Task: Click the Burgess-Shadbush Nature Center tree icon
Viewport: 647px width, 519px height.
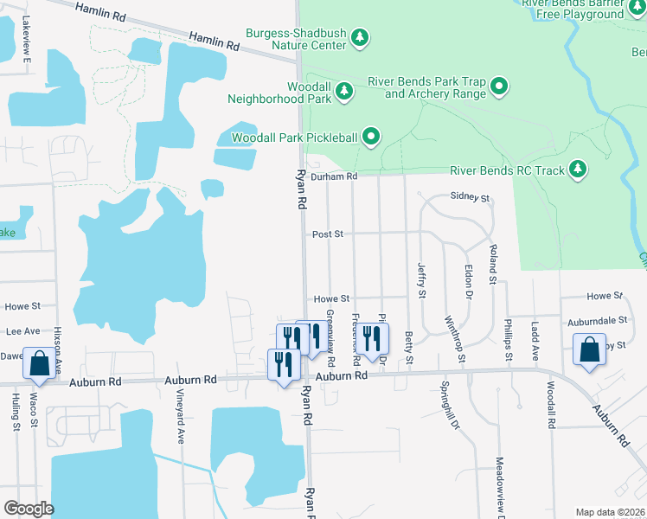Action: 360,36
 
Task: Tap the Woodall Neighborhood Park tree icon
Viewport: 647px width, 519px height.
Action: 345,90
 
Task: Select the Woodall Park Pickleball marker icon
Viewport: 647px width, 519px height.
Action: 371,136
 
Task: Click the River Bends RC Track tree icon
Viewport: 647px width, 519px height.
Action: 578,170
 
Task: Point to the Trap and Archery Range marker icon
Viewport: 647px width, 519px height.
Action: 499,86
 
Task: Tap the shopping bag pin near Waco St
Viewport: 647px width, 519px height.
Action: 39,363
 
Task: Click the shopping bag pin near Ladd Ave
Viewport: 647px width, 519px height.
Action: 589,350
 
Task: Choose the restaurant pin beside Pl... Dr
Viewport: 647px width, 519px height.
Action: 375,338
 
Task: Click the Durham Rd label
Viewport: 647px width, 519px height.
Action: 334,176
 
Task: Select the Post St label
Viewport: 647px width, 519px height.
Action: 328,234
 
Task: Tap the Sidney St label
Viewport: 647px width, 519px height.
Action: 470,197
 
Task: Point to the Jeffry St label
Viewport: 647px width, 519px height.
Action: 422,280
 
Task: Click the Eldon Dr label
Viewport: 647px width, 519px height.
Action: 468,283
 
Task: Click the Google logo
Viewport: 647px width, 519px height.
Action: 29,509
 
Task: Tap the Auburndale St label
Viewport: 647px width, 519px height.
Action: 596,320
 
